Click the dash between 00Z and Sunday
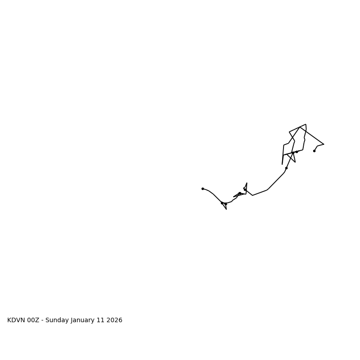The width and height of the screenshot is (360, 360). (x=42, y=320)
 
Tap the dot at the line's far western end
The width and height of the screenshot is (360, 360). (x=202, y=189)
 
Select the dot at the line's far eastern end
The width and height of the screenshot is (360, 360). (x=314, y=151)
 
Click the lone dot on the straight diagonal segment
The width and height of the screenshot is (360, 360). (x=286, y=168)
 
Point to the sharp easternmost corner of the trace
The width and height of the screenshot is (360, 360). (x=324, y=144)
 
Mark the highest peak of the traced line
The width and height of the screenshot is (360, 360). (x=306, y=124)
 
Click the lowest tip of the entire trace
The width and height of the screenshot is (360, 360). (x=226, y=209)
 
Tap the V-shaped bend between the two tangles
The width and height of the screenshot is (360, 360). (x=252, y=195)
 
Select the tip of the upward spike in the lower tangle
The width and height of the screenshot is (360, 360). (x=247, y=183)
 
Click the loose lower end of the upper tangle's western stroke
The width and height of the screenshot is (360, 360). (x=282, y=164)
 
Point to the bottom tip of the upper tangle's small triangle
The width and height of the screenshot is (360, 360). (x=295, y=162)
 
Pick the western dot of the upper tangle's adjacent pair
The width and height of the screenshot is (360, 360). (x=293, y=153)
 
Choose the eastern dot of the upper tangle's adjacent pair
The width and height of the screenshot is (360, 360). (x=297, y=152)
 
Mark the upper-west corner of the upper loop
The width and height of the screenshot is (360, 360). (x=289, y=132)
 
